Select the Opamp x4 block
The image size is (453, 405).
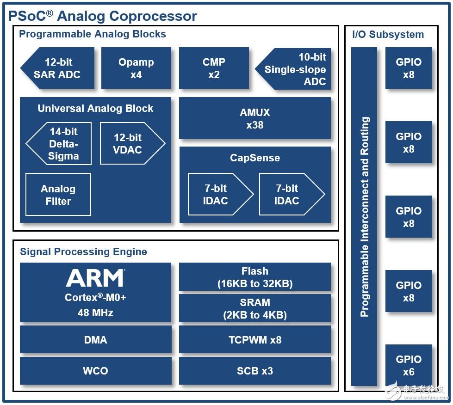(136, 68)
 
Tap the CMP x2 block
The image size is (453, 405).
(214, 68)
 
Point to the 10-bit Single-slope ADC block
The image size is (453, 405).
(293, 69)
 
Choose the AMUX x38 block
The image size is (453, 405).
(255, 118)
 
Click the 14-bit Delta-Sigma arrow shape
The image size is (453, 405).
(59, 143)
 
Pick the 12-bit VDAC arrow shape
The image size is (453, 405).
(132, 143)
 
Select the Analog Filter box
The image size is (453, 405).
(58, 195)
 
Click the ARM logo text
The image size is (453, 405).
(95, 278)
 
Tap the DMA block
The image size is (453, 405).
(96, 340)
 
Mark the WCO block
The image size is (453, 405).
(96, 371)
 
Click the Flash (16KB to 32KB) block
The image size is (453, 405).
(255, 277)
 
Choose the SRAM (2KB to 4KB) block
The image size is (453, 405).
(255, 308)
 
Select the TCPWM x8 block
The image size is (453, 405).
(255, 340)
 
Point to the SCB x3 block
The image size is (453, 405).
(255, 371)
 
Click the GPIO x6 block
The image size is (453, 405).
(409, 365)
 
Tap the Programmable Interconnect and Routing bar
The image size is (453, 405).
(364, 216)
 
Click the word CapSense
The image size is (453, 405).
(255, 158)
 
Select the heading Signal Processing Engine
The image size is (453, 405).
(83, 252)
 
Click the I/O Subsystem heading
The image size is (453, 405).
(388, 34)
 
